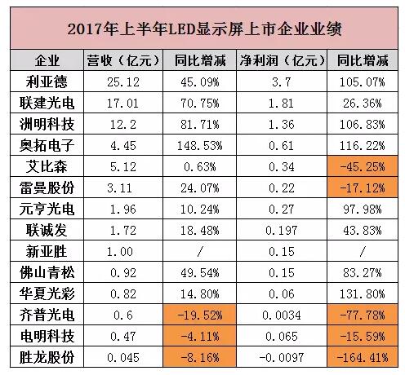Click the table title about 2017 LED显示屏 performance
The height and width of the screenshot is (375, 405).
click(202, 29)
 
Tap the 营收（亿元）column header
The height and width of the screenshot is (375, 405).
click(122, 62)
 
